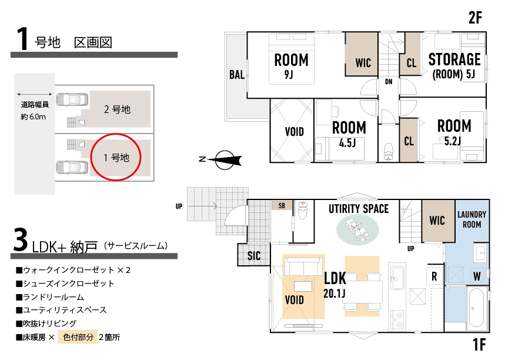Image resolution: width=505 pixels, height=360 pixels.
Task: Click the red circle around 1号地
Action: click(x=91, y=157)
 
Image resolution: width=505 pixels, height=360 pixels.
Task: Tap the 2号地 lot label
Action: click(x=117, y=109)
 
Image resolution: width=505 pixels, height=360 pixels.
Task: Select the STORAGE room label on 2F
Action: click(x=454, y=59)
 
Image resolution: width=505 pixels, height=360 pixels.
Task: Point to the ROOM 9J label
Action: click(x=291, y=66)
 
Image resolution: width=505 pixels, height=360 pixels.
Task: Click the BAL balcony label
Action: click(x=237, y=75)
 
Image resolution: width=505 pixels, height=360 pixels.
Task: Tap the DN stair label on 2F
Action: click(x=389, y=82)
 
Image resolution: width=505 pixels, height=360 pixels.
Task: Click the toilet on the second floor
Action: click(x=389, y=152)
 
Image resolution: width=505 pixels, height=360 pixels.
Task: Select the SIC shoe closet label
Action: click(x=254, y=256)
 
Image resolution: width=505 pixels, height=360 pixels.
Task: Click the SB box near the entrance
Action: click(x=282, y=206)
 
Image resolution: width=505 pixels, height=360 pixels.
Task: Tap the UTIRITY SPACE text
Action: click(x=359, y=209)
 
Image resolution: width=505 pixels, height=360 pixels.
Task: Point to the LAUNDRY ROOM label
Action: click(x=472, y=219)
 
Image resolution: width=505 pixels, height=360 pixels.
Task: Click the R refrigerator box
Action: click(x=434, y=276)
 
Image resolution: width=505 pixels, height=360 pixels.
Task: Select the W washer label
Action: click(x=477, y=276)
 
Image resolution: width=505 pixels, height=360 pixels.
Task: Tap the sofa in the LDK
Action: click(x=303, y=267)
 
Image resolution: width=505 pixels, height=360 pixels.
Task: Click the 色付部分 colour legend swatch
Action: click(x=77, y=337)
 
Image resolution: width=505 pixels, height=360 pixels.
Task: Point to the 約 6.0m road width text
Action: click(x=33, y=116)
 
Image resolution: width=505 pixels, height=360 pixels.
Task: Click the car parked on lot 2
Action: click(x=72, y=99)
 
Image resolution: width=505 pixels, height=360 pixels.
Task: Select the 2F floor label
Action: click(x=475, y=18)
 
